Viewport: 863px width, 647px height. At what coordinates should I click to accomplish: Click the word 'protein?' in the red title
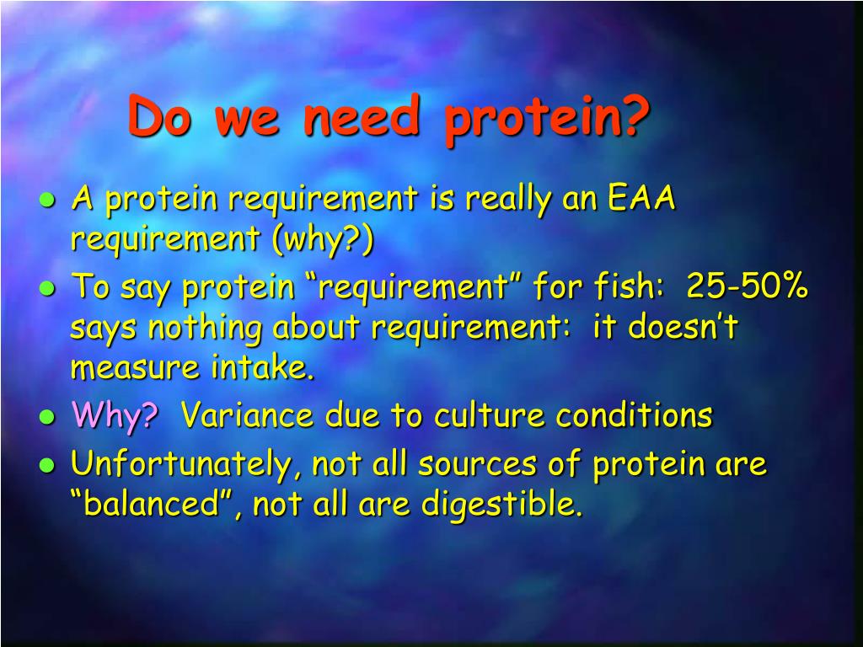point(546,120)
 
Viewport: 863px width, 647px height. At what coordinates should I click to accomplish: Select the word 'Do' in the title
point(159,115)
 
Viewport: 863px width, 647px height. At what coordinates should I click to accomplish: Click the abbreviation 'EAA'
point(641,197)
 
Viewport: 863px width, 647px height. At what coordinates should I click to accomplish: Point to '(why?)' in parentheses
point(323,239)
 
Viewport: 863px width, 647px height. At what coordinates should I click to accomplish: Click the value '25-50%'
point(747,285)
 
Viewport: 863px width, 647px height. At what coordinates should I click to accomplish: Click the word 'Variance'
point(247,414)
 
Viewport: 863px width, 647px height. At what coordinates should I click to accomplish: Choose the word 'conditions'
point(634,414)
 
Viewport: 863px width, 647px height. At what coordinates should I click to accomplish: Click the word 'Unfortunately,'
point(186,465)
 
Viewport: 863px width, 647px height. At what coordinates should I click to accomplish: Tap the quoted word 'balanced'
point(152,503)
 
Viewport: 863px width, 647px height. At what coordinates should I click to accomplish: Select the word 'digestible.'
point(502,504)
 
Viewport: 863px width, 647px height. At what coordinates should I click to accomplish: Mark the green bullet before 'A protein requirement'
point(48,200)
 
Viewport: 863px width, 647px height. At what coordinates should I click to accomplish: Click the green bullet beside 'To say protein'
point(48,288)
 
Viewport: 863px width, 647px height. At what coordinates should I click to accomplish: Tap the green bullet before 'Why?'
point(48,417)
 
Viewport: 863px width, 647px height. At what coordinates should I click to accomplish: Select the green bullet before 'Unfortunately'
point(48,465)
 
